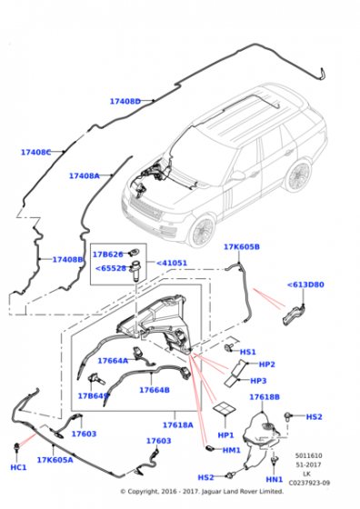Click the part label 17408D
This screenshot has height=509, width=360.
[125, 102]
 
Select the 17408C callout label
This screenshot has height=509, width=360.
[36, 153]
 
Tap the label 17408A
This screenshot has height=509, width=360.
[85, 176]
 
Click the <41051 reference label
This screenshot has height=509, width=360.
[173, 264]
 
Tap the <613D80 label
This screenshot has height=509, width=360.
[305, 284]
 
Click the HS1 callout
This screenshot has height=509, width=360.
[247, 351]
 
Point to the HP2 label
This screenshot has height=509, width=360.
[267, 364]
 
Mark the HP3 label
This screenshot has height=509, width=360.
[258, 381]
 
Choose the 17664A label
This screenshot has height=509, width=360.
[113, 361]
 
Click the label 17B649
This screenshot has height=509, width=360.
[94, 396]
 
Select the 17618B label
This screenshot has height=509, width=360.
[264, 397]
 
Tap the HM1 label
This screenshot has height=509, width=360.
[232, 450]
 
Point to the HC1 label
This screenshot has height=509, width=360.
[18, 467]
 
